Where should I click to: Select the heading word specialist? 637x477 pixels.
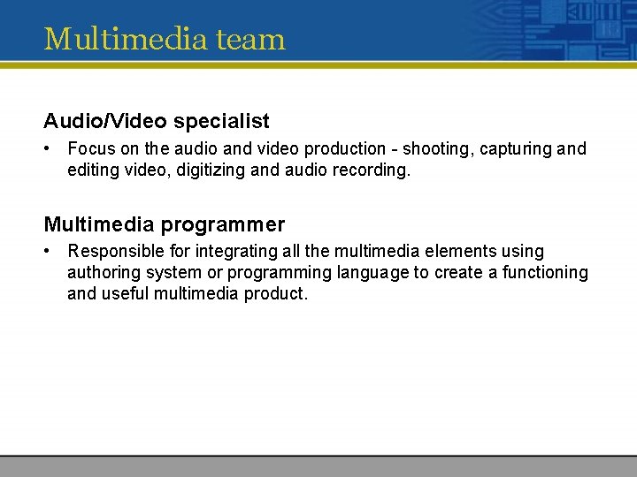click(x=224, y=120)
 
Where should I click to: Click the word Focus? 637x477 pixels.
click(x=90, y=148)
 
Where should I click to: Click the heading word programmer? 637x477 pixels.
click(x=223, y=224)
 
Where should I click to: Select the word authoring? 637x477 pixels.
click(x=103, y=273)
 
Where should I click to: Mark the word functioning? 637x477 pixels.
click(x=545, y=273)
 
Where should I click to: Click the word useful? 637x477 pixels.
click(x=125, y=294)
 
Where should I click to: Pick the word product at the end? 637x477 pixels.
click(x=278, y=294)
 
